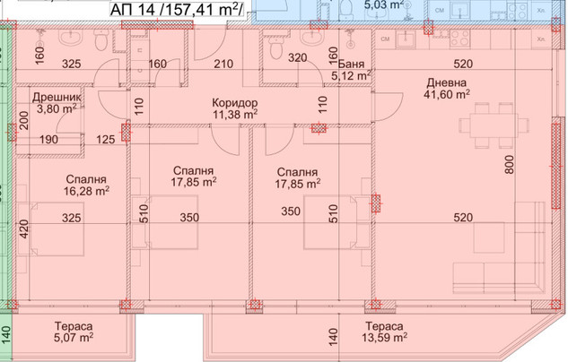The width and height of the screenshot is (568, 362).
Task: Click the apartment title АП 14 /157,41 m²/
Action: (x=177, y=9)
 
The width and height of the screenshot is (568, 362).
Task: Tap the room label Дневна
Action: (x=446, y=82)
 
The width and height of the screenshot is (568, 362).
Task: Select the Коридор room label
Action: (x=235, y=103)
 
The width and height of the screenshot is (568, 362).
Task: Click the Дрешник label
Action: (x=57, y=98)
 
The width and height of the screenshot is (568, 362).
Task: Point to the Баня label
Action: (x=351, y=64)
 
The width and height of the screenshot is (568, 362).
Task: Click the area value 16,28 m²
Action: (x=86, y=191)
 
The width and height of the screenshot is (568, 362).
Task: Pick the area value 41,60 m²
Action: (x=447, y=94)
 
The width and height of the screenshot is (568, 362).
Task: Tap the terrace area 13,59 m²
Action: (x=384, y=338)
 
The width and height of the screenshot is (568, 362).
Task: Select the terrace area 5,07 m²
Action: (x=74, y=338)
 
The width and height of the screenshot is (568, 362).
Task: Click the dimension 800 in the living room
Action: (x=510, y=165)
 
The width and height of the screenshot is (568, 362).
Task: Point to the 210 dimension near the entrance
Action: (x=223, y=64)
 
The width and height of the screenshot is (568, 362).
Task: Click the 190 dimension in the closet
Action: (x=48, y=139)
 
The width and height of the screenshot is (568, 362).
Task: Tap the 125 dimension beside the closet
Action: (x=106, y=139)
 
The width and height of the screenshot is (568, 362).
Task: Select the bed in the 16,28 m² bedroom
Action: (x=57, y=228)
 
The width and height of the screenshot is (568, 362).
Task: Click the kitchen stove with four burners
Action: (x=459, y=39)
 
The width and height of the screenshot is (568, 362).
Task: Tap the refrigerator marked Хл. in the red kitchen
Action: (x=541, y=39)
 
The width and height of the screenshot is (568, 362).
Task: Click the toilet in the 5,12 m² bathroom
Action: (x=276, y=48)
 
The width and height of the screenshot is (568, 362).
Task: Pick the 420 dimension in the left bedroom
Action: (x=24, y=228)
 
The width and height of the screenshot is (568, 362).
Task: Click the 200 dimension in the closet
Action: (x=24, y=120)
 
